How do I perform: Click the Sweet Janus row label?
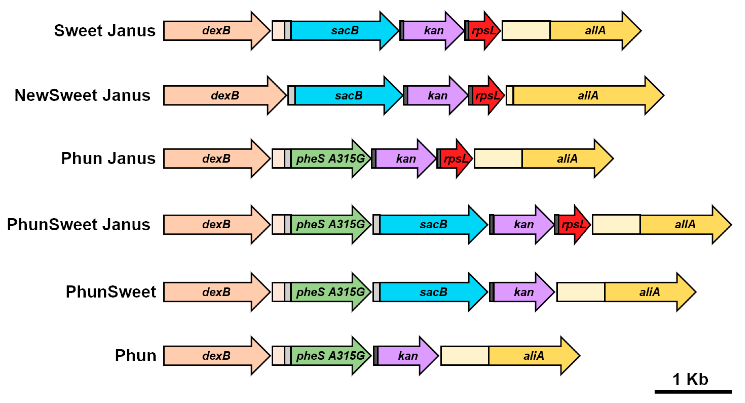tap(105, 31)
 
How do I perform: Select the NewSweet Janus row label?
tap(82, 95)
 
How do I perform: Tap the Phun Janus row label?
tap(108, 159)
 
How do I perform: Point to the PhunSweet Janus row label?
tap(79, 224)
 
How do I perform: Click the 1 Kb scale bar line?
tap(693, 392)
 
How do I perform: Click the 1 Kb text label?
tap(690, 379)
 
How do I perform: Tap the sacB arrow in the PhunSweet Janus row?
tap(433, 224)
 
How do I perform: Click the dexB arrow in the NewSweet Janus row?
tap(224, 95)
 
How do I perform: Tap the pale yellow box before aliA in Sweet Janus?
tap(526, 31)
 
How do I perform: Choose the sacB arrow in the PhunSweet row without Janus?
tap(433, 292)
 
